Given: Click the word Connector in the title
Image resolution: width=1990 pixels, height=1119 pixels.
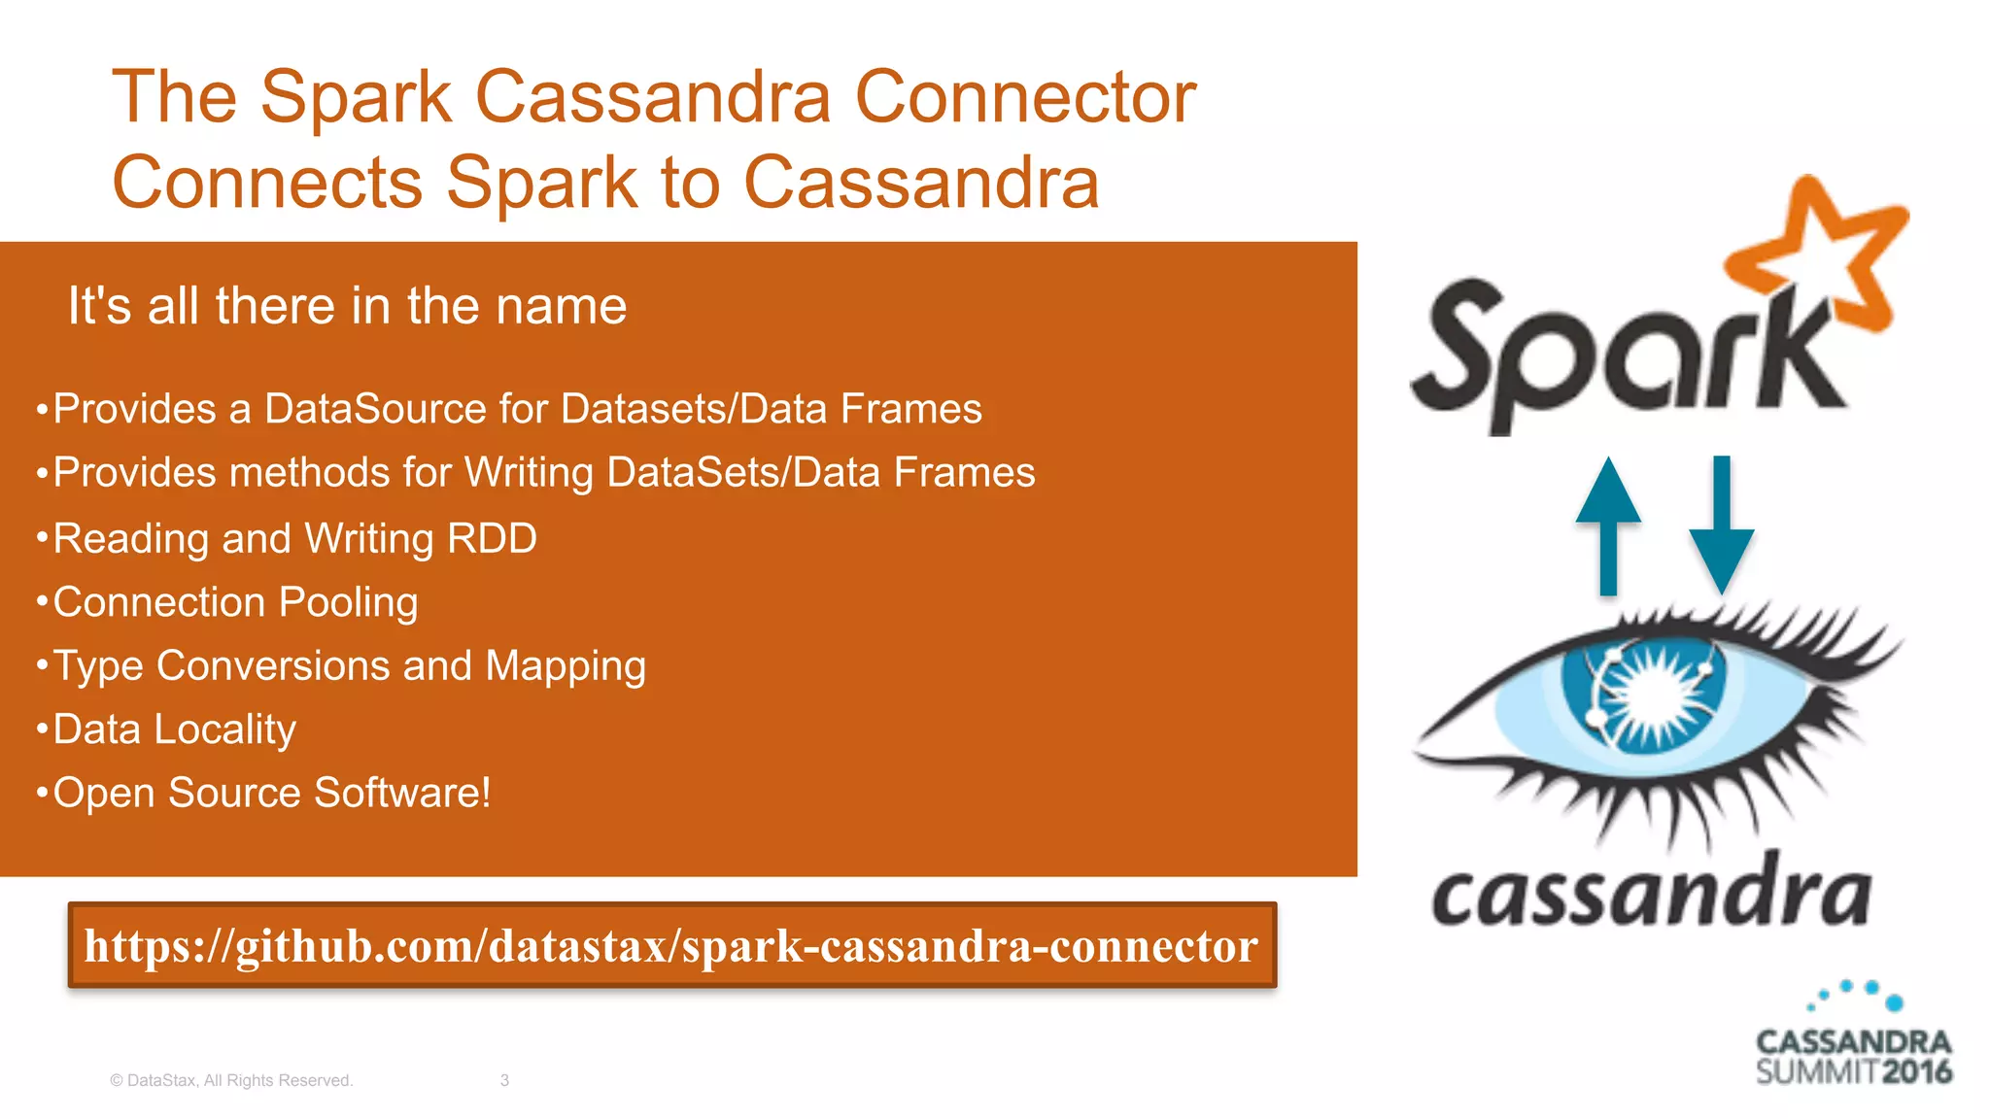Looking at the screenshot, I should click(1025, 97).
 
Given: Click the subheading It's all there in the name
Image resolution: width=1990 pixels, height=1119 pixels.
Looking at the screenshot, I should click(347, 306).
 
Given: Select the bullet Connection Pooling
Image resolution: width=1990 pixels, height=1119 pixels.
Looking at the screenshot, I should click(234, 602).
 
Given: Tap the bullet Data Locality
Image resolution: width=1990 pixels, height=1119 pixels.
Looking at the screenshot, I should click(174, 729).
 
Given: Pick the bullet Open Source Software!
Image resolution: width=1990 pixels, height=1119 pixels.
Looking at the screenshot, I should click(271, 793).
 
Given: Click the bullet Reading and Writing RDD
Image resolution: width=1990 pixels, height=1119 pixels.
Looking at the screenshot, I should click(294, 538).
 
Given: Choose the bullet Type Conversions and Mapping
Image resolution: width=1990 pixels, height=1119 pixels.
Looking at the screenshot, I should click(349, 666).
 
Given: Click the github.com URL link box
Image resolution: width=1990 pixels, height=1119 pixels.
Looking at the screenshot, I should click(671, 945).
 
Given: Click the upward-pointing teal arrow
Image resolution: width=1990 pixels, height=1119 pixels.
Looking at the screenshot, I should click(1608, 525).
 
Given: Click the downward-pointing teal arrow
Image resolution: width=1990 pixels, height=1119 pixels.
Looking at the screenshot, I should click(1721, 525).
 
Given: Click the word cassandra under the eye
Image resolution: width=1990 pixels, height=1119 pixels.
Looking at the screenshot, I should click(1651, 894).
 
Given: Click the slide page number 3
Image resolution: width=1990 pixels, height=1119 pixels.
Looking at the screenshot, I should click(504, 1080).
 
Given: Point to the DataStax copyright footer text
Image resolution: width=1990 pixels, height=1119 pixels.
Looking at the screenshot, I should click(231, 1080).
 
